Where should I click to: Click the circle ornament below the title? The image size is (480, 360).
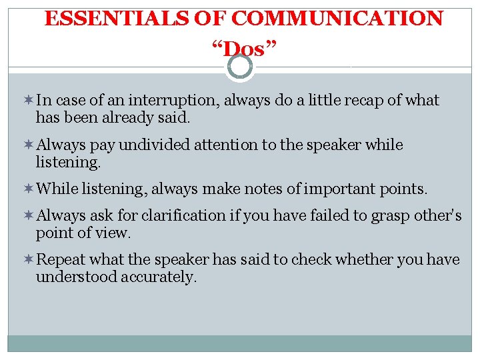point(240,66)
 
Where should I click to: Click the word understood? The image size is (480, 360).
point(77,277)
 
